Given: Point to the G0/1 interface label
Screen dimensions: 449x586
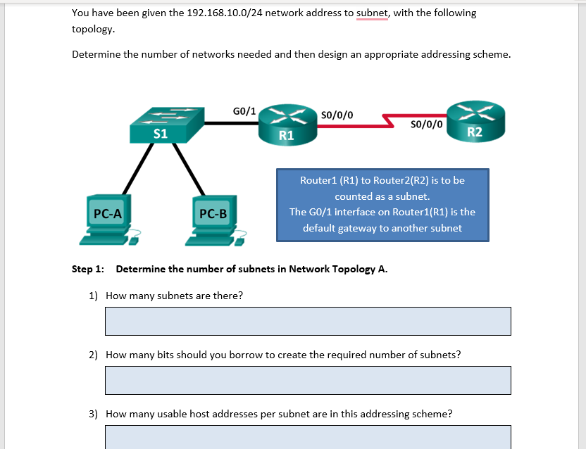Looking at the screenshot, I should point(244,110).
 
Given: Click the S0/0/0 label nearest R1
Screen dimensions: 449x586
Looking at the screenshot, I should point(337,115).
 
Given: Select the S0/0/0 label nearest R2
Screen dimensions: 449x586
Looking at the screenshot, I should point(426,125).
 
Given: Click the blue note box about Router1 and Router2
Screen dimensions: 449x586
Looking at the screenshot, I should point(382,204).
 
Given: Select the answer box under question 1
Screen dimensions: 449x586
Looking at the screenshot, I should point(308,321).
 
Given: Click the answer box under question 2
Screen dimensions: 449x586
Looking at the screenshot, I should point(308,380).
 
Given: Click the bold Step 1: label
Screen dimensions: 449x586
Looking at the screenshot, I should point(88,269).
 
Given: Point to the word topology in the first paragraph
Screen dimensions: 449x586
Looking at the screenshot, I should point(92,30).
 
